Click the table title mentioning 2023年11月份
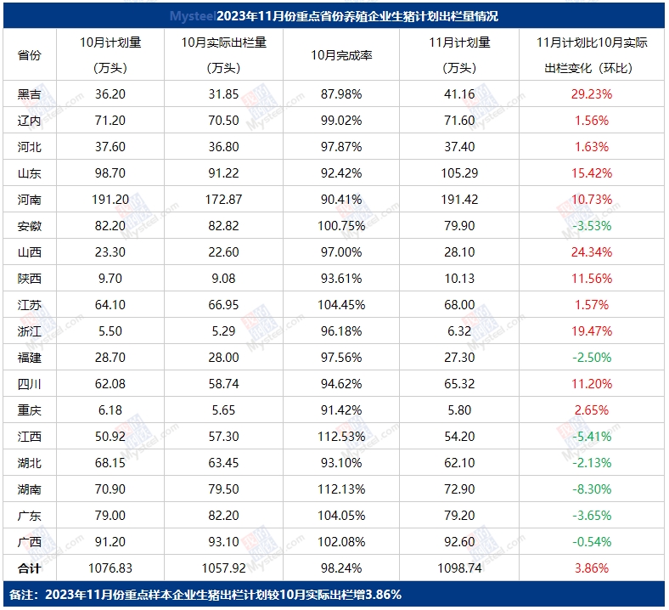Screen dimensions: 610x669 click(x=334, y=16)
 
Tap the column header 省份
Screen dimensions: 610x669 click(x=30, y=55)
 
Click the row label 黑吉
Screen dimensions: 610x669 click(x=30, y=94)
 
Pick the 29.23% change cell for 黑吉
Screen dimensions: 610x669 click(x=593, y=94)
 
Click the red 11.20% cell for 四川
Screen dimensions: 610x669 click(x=593, y=383)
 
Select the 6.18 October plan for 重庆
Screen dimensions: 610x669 click(x=110, y=409)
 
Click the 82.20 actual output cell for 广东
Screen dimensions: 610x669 click(x=224, y=515)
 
